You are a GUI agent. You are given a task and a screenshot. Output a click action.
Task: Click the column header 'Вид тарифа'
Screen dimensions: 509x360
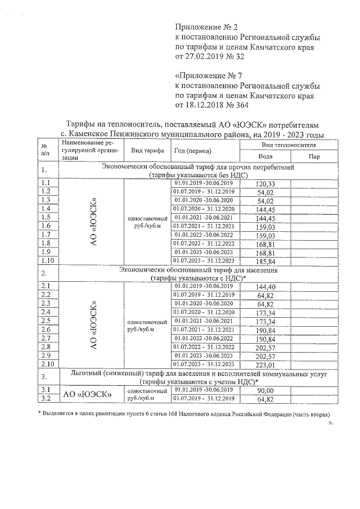[147, 151]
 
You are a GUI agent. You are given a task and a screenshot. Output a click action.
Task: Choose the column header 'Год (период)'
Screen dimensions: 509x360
[192, 151]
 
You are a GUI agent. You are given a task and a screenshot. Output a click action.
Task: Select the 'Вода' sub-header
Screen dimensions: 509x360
[265, 157]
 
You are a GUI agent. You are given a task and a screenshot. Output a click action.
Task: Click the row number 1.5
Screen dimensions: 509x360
[47, 218]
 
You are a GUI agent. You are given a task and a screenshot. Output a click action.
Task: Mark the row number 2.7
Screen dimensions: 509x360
[47, 338]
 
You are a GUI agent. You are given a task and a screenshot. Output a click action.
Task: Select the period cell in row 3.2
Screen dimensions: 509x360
[204, 399]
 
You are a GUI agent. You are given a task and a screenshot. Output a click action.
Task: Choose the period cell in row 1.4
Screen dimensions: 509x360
[204, 209]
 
